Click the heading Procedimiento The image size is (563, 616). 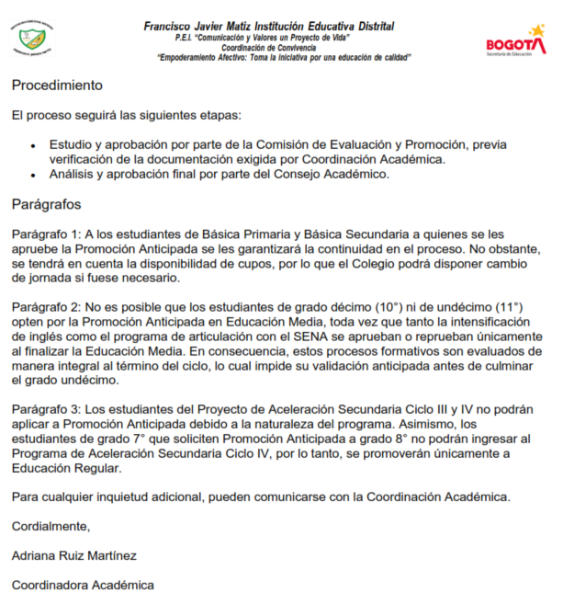point(57,86)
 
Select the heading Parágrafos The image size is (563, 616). point(47,203)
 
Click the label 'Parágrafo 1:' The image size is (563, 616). point(47,235)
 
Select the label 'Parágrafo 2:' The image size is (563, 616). point(47,307)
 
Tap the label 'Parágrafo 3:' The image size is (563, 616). point(47,408)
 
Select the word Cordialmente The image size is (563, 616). point(51,527)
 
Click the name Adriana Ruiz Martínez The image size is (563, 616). point(74,555)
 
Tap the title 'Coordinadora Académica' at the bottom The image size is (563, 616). point(83,585)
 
